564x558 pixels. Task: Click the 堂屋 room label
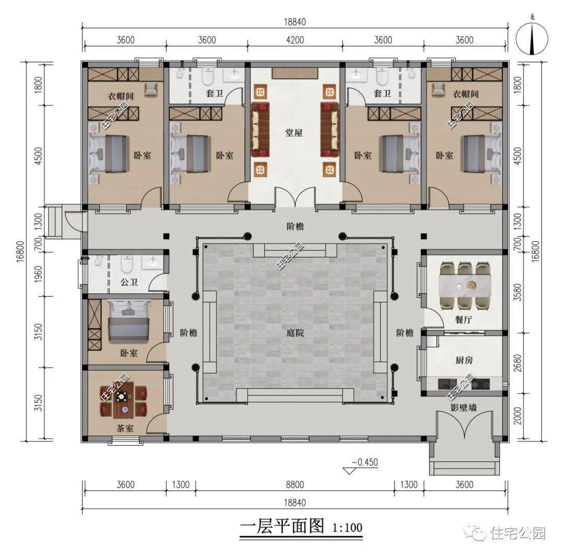coord(295,133)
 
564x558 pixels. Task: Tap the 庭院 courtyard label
coord(295,333)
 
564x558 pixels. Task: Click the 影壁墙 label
coord(463,408)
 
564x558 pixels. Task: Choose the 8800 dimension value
coord(295,484)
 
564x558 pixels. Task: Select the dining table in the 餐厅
coord(466,286)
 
